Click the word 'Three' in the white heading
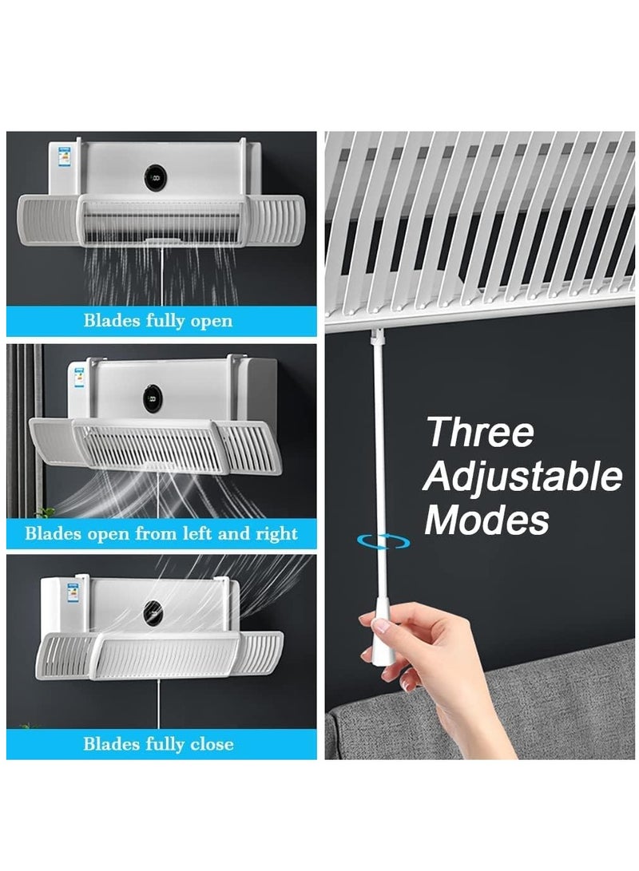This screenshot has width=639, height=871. tap(480, 433)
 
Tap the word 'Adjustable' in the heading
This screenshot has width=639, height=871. tap(523, 477)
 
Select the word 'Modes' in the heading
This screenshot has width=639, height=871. tap(486, 520)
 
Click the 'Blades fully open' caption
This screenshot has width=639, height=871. tap(158, 321)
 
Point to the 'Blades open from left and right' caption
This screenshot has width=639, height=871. tap(161, 533)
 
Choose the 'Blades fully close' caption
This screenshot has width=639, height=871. tap(158, 744)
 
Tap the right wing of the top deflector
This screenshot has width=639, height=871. tap(272, 220)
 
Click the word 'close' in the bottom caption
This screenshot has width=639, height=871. tap(211, 744)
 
